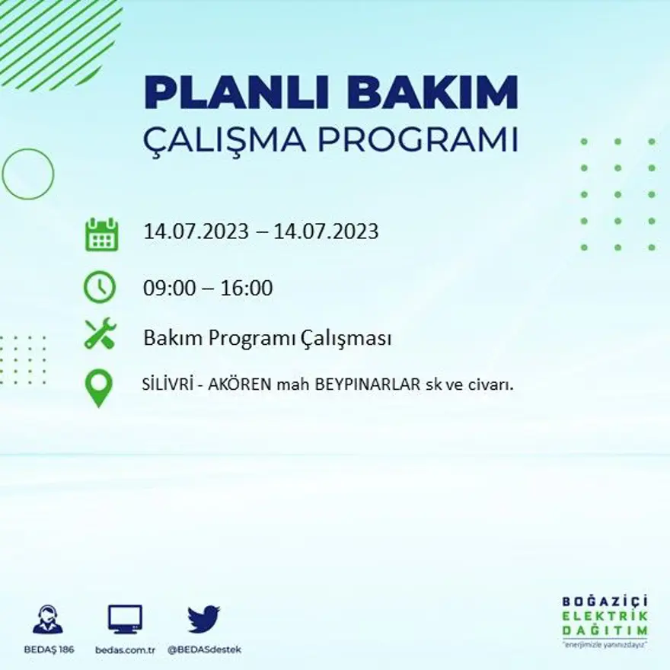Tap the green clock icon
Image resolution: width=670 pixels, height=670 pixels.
(100, 288)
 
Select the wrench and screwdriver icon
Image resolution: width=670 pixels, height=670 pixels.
(100, 334)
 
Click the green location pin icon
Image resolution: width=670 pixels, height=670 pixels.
(100, 387)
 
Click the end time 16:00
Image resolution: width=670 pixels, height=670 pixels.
(247, 289)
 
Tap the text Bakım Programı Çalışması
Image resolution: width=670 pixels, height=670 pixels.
(267, 337)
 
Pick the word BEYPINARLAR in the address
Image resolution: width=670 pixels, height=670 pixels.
(364, 384)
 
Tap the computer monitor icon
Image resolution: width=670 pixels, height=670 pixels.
(125, 619)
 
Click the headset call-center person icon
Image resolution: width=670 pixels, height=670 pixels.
(48, 619)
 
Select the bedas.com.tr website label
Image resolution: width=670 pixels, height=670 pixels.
(126, 649)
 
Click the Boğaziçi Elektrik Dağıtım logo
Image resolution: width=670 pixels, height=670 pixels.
(605, 620)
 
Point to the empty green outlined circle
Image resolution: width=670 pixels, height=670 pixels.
(28, 174)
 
